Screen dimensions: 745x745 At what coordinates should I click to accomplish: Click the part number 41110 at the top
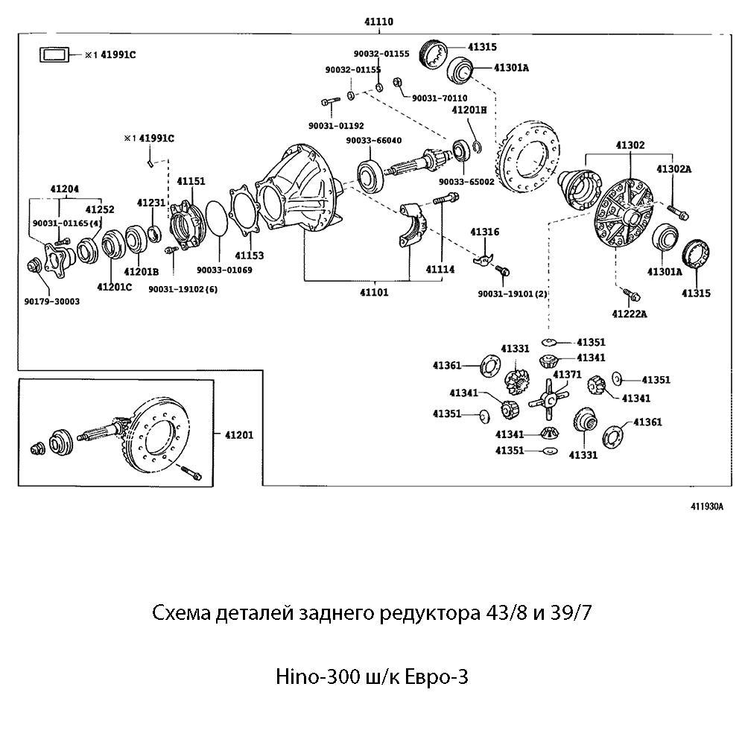click(x=378, y=22)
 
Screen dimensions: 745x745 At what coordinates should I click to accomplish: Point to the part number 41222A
click(x=629, y=314)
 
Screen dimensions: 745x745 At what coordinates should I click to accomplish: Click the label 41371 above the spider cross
click(x=567, y=374)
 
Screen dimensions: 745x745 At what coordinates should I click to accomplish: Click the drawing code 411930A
click(x=707, y=506)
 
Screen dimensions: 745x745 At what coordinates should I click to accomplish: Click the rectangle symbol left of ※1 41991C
click(x=54, y=54)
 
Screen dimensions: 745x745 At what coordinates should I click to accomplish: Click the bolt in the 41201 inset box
click(x=190, y=474)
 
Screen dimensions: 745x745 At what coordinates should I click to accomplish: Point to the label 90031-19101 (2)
click(x=513, y=294)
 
